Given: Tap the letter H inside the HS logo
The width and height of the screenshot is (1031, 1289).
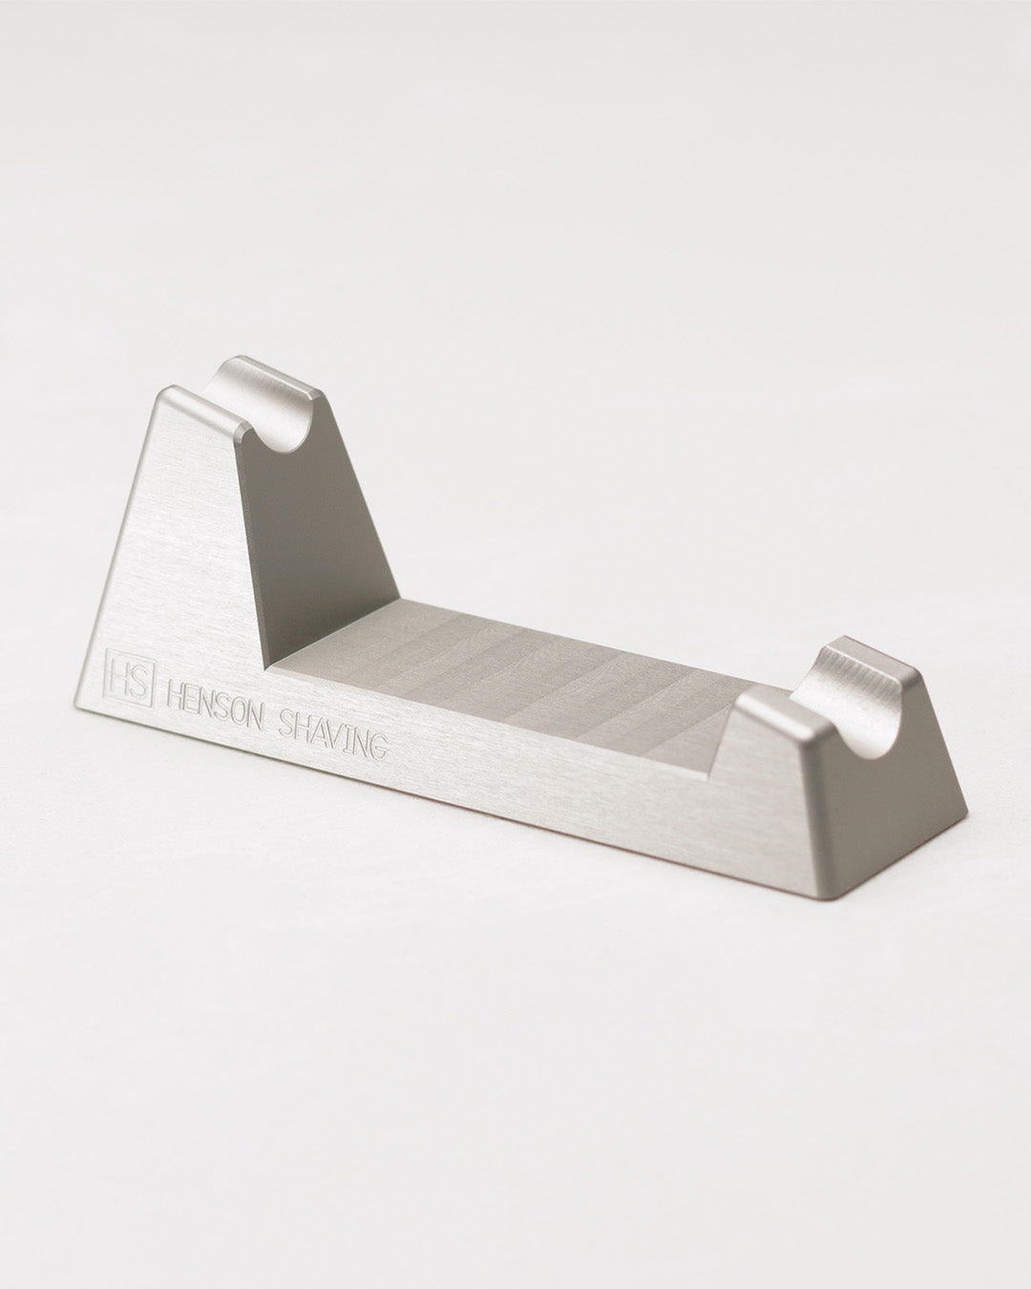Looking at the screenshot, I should click(x=122, y=676).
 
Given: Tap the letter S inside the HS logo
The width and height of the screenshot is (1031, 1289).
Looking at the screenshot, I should click(x=139, y=678).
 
